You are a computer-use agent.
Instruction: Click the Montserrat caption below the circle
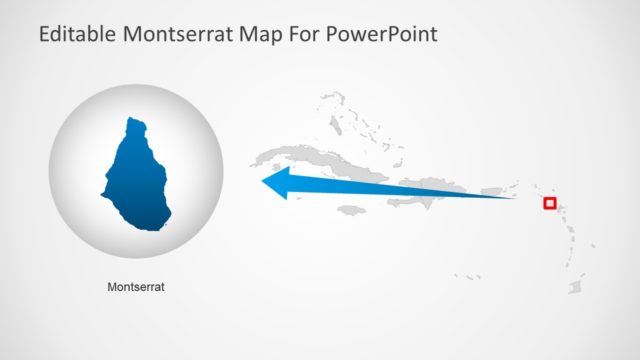136,287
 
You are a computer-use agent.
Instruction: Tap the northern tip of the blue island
134,120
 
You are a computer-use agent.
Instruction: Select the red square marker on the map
549,203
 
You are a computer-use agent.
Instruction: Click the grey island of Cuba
300,160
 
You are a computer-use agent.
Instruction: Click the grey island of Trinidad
576,287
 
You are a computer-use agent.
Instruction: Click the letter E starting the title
44,35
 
